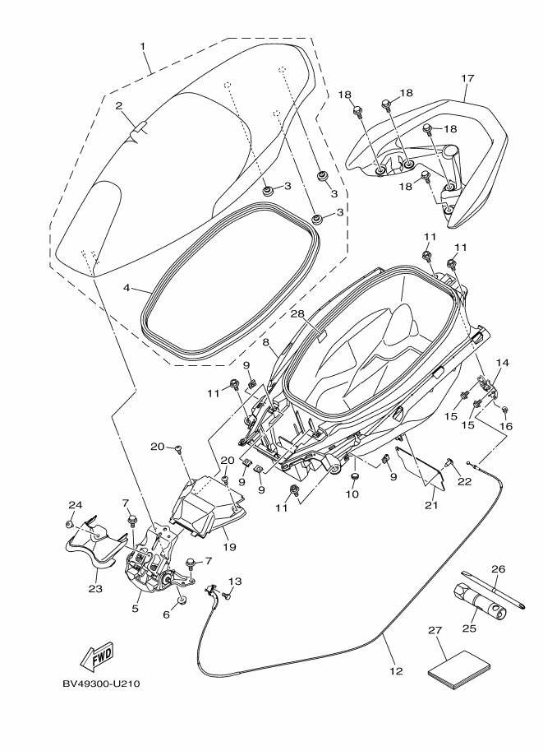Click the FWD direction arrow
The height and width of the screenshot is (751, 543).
[x=95, y=656]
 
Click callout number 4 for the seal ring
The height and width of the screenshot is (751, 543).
[x=127, y=289]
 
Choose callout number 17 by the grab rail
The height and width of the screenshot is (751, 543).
[x=467, y=79]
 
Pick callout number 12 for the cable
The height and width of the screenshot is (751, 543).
[x=396, y=670]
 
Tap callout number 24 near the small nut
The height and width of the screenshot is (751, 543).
[x=76, y=504]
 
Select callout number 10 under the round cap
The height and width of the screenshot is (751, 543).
[x=352, y=494]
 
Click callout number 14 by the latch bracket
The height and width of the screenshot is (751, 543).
[x=502, y=363]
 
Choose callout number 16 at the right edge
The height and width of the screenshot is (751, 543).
[x=506, y=427]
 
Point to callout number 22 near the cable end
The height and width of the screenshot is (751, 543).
[x=464, y=482]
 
